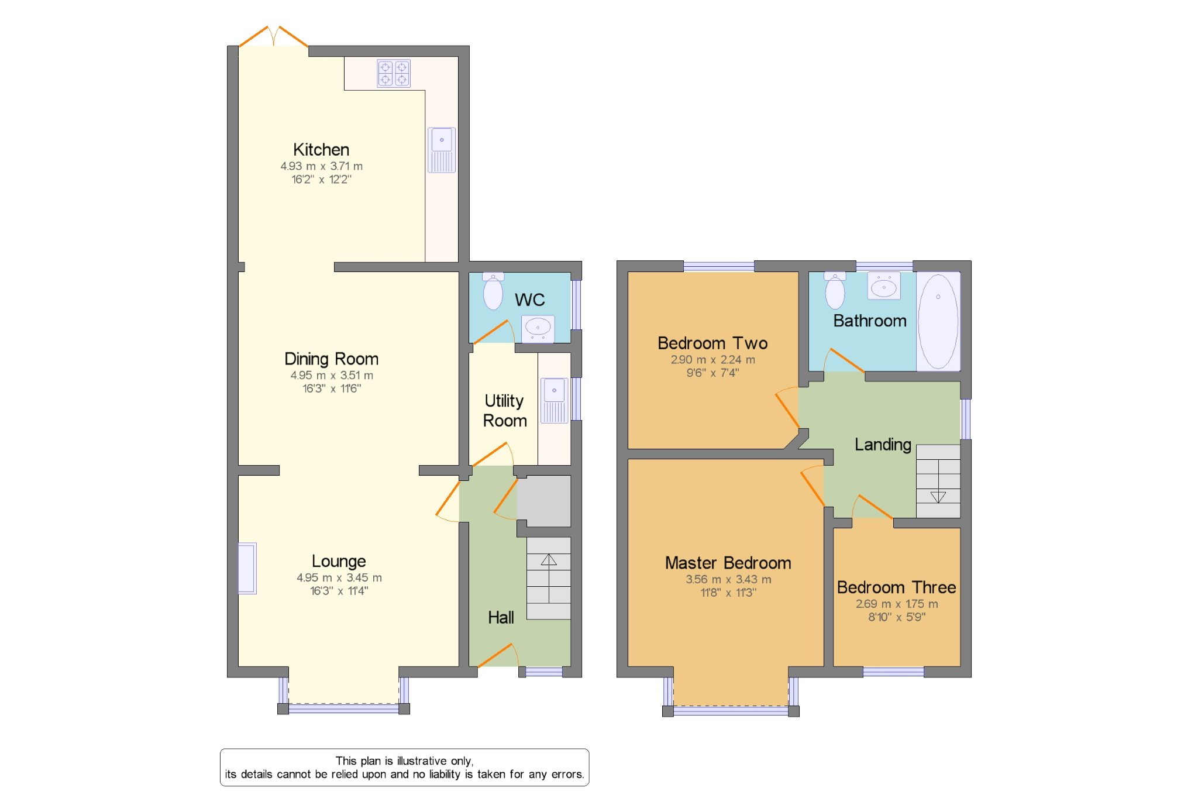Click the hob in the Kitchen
394,73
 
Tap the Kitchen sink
442,150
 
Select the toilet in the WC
493,291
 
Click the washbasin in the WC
538,328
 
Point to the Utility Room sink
554,401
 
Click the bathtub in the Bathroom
938,321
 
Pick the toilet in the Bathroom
835,290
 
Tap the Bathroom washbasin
883,286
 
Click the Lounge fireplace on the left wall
247,569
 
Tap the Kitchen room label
321,150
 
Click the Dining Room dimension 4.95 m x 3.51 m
332,376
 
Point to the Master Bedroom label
728,563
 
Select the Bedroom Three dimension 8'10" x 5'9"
897,617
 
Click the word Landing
883,445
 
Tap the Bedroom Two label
712,343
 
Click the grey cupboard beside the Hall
544,501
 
